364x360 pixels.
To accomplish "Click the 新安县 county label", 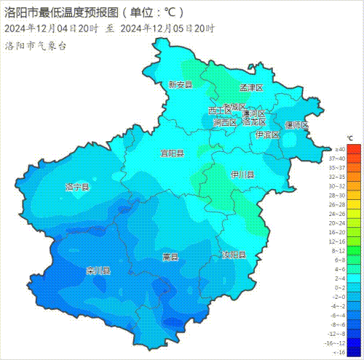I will tap(180, 84).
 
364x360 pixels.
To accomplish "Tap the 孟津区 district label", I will tap(250, 87).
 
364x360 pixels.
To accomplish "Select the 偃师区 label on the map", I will tap(296, 126).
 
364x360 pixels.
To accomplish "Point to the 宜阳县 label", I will tap(173, 153).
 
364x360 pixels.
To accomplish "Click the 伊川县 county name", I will tap(242, 175).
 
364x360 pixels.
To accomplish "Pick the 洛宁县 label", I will tap(77, 187).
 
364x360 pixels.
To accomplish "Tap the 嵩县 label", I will tap(170, 257).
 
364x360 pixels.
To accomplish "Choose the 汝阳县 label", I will tap(234, 256).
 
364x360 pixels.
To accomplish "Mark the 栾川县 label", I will tap(98, 271).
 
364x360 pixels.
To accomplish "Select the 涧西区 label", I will tap(225, 123).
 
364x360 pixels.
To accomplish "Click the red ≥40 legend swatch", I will tap(353, 148).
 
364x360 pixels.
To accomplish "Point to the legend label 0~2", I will tap(337, 289).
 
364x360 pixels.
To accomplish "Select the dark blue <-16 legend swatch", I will tap(353, 352).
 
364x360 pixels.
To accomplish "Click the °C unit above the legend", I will tap(350, 137).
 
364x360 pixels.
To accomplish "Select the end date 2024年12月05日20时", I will tap(167, 28).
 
